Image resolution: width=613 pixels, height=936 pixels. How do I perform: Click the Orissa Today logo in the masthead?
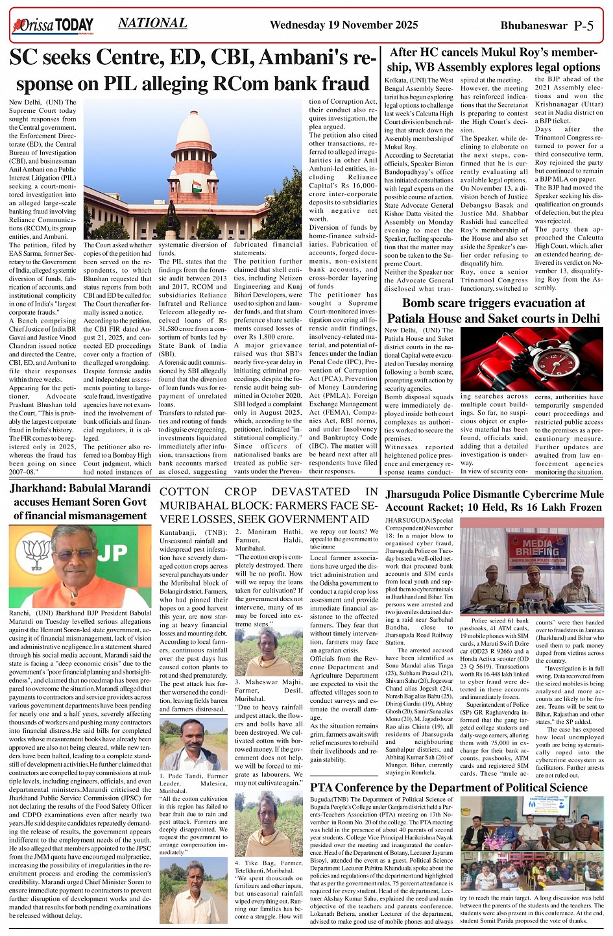point(53,26)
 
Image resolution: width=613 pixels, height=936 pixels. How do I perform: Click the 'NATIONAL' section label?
point(152,23)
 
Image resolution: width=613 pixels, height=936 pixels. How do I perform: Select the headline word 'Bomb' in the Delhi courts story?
point(421,303)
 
